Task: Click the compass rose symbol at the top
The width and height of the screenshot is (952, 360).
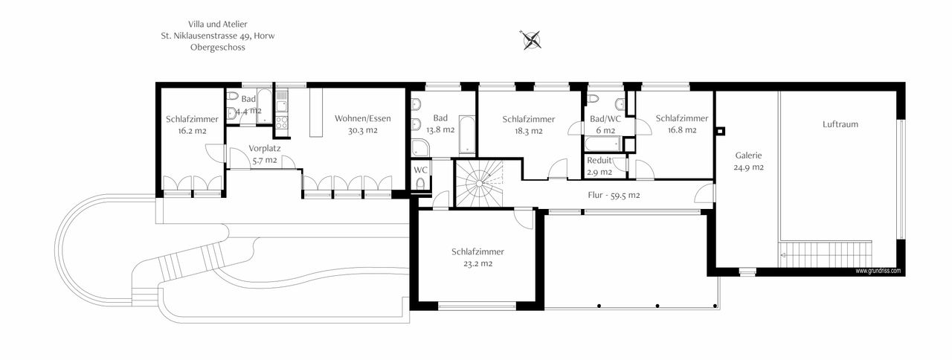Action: click(x=531, y=39)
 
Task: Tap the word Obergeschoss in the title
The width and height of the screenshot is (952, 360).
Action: click(x=217, y=47)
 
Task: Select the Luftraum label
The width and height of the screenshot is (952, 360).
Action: click(x=840, y=124)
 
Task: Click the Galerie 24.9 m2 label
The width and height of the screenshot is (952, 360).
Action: click(x=748, y=161)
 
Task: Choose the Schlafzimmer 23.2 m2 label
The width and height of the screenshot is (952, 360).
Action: click(x=482, y=257)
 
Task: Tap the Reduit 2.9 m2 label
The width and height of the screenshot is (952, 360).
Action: click(x=599, y=166)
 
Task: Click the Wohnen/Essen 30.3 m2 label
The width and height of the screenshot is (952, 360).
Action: click(x=362, y=124)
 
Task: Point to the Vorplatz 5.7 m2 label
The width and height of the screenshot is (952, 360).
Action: click(x=264, y=154)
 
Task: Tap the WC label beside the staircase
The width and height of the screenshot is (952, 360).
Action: click(x=420, y=170)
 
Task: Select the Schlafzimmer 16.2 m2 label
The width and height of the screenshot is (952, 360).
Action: click(x=192, y=124)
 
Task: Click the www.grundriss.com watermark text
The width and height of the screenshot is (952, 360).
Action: click(x=878, y=271)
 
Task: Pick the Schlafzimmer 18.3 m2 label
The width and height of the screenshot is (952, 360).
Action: click(x=528, y=124)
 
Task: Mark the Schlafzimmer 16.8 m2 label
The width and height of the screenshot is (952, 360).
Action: click(x=681, y=123)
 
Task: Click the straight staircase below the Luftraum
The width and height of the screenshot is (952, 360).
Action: click(x=826, y=253)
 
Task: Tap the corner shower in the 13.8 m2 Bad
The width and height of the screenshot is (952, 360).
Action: click(x=420, y=147)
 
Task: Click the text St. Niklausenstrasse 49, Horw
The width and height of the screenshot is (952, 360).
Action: click(x=217, y=36)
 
